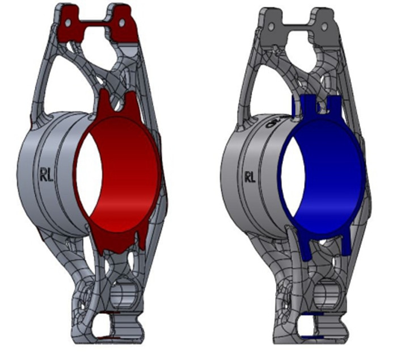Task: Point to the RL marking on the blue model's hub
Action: coord(250,177)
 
